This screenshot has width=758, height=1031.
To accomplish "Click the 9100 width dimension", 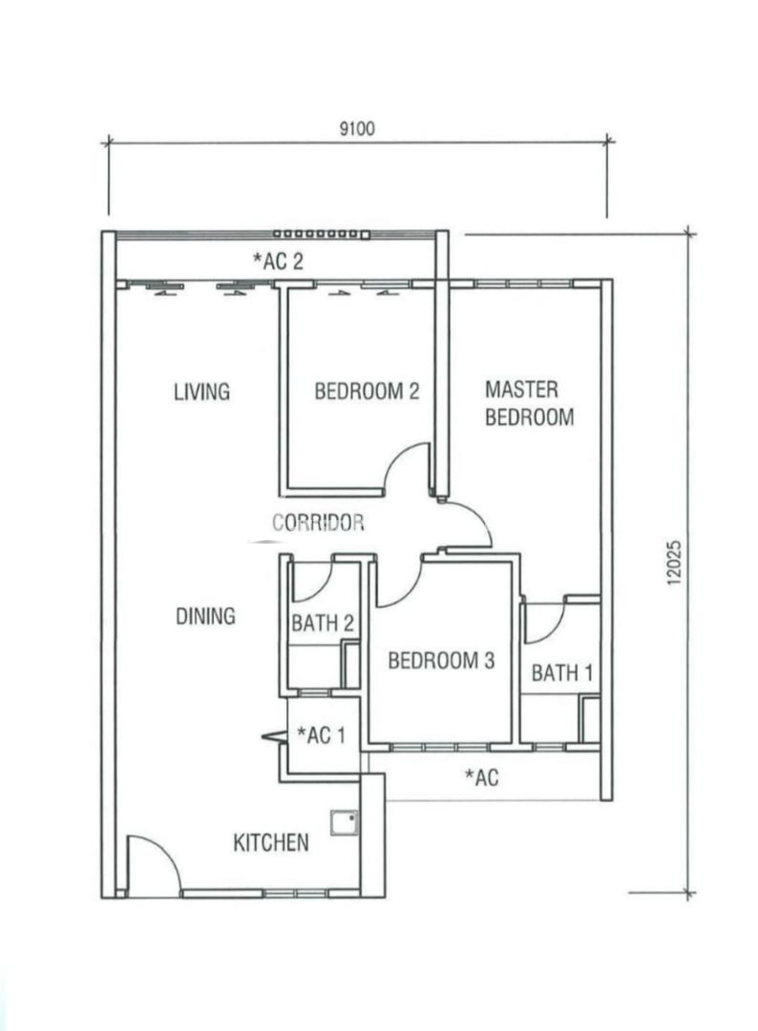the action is pyautogui.click(x=357, y=129).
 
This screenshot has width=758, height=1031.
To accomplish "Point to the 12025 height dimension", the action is pyautogui.click(x=674, y=563).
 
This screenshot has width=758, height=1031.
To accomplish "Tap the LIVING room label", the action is pyautogui.click(x=202, y=392).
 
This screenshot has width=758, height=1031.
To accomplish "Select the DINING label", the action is pyautogui.click(x=205, y=616).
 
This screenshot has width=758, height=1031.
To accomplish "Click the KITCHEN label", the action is pyautogui.click(x=271, y=843).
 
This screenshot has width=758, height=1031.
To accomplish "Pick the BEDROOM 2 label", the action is pyautogui.click(x=367, y=391).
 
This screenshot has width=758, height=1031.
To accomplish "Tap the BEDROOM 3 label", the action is pyautogui.click(x=441, y=660).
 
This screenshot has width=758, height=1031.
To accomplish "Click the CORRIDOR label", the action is pyautogui.click(x=318, y=523).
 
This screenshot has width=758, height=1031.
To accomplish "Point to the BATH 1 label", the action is pyautogui.click(x=562, y=673).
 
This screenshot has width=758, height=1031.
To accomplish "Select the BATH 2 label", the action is pyautogui.click(x=323, y=623).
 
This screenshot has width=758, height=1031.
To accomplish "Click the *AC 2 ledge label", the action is pyautogui.click(x=278, y=261).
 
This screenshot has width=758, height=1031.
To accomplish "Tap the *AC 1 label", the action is pyautogui.click(x=321, y=735).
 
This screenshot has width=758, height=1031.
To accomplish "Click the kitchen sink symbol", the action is pyautogui.click(x=344, y=823).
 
